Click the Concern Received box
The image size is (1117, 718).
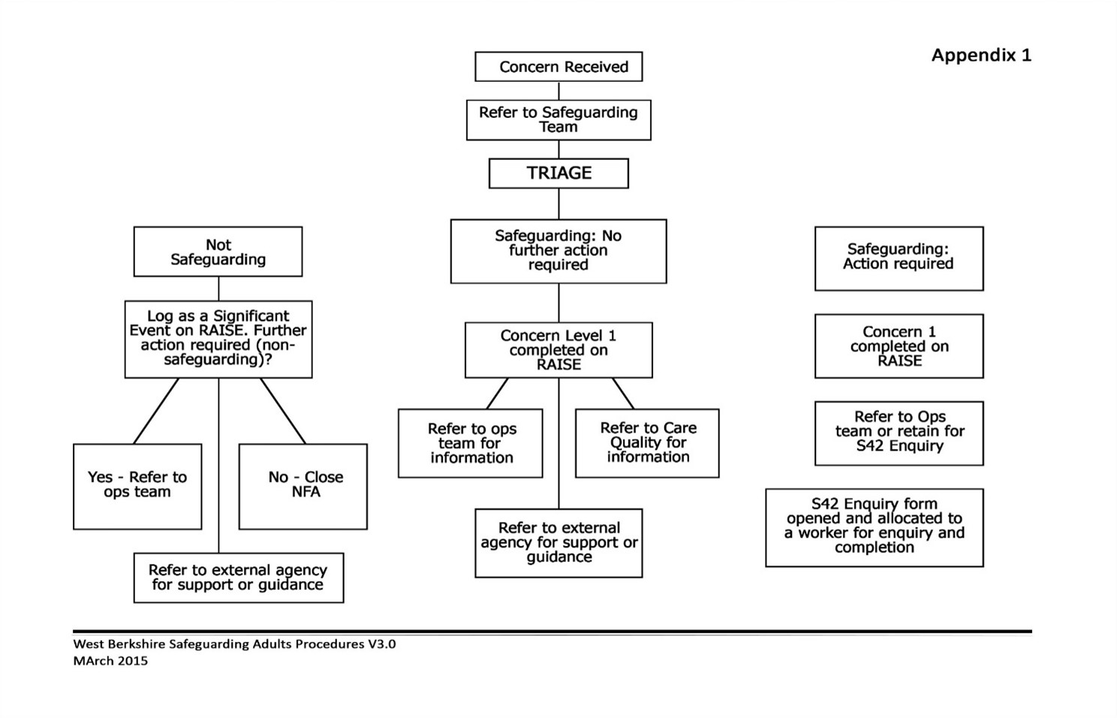coord(558,66)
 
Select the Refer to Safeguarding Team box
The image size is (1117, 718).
coord(558,119)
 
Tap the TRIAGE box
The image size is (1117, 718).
coord(558,173)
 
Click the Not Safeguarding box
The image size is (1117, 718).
coord(218,252)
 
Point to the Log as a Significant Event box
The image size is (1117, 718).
coord(218,339)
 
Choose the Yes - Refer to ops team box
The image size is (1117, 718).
coord(137,487)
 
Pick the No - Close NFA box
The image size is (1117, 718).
coord(303,487)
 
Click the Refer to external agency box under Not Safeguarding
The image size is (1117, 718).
coord(239,578)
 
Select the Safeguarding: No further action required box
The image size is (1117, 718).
coord(558,251)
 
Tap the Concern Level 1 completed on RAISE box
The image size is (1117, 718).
coord(558,350)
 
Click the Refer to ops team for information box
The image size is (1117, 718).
coord(470,443)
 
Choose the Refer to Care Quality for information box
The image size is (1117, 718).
coord(647,443)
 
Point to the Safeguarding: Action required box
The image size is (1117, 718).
coord(899,258)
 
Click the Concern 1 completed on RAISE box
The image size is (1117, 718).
coord(899,345)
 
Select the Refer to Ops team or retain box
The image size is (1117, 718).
coord(899,433)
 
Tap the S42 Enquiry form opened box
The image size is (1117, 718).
coord(875,527)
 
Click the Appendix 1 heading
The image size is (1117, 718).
coord(981,55)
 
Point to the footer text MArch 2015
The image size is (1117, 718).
coord(110,661)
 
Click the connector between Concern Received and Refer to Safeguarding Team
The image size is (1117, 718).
coord(558,91)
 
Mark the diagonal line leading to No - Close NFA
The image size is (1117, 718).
coord(283,411)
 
